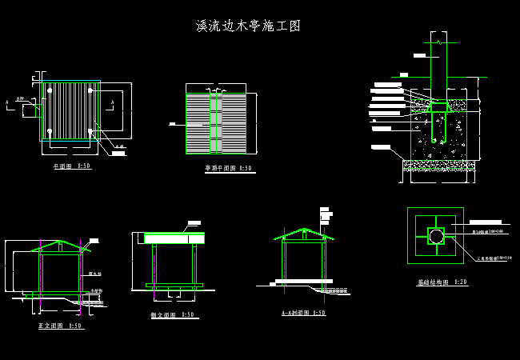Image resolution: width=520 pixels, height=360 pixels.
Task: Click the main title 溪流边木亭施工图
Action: click(248, 26)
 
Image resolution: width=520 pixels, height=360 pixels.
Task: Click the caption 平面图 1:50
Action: click(71, 166)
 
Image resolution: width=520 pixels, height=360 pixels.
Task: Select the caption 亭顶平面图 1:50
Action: click(228, 169)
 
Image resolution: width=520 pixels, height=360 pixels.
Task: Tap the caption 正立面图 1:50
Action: click(60, 326)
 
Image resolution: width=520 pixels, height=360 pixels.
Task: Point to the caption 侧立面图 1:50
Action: click(173, 315)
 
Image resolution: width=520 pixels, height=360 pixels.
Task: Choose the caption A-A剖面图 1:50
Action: click(303, 313)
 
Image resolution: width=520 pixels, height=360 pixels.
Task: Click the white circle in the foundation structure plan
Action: click(435, 236)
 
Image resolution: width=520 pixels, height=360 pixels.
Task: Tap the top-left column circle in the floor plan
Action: click(50, 90)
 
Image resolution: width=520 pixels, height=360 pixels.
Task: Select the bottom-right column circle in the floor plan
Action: click(91, 132)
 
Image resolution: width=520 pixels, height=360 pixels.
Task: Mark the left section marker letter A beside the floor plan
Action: click(6, 102)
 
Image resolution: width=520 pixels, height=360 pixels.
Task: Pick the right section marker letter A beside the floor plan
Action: click(122, 102)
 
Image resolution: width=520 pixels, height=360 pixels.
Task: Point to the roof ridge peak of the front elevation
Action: click(60, 240)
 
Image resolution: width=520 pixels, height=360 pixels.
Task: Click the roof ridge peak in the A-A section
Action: click(303, 230)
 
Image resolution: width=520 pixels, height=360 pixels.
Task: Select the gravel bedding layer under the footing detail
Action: click(438, 166)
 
